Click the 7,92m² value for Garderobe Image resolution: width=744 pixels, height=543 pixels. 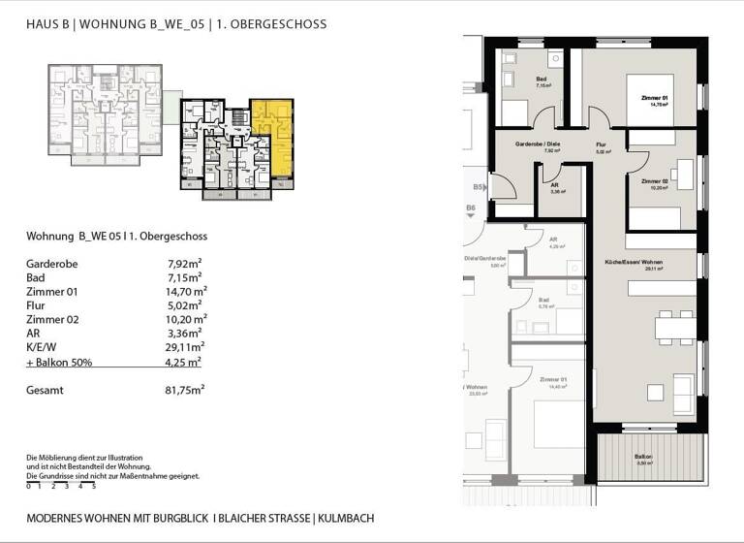pyautogui.click(x=183, y=263)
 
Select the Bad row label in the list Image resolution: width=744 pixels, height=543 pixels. pyautogui.click(x=36, y=276)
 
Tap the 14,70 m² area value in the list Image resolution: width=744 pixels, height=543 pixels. pyautogui.click(x=185, y=290)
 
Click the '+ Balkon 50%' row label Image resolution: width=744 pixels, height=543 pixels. pyautogui.click(x=58, y=362)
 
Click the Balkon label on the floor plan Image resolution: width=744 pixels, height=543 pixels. pyautogui.click(x=643, y=457)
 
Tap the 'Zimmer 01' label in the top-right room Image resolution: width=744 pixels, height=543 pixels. pyautogui.click(x=655, y=99)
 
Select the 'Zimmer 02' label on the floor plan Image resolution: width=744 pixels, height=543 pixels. pyautogui.click(x=655, y=181)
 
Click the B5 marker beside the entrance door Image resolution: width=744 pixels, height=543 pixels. pyautogui.click(x=478, y=186)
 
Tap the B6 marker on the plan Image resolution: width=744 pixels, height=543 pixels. pyautogui.click(x=472, y=208)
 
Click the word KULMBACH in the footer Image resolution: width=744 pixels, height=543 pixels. pyautogui.click(x=346, y=519)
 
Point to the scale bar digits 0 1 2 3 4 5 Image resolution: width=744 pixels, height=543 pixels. pyautogui.click(x=60, y=486)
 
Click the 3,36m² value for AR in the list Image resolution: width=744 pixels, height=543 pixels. pyautogui.click(x=183, y=332)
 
